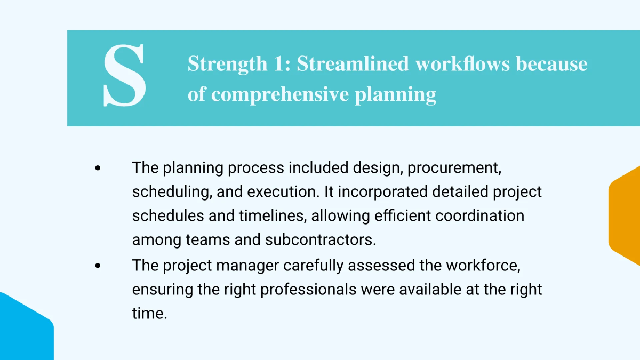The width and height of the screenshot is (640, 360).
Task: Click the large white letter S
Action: (x=124, y=76)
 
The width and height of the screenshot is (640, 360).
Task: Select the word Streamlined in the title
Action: (x=353, y=64)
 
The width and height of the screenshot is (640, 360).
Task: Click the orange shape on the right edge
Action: (x=626, y=215)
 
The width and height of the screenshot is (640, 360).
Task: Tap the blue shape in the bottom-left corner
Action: (x=24, y=331)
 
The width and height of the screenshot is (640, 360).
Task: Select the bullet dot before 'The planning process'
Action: (x=98, y=168)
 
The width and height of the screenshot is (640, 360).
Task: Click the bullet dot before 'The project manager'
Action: (x=98, y=266)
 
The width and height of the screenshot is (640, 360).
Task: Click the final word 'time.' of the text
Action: (x=149, y=314)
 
